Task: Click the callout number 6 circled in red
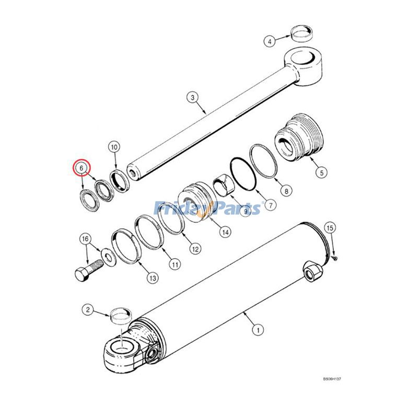click(82, 168)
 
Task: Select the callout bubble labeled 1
click(257, 330)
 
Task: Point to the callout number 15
click(329, 227)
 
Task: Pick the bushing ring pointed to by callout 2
click(120, 316)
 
